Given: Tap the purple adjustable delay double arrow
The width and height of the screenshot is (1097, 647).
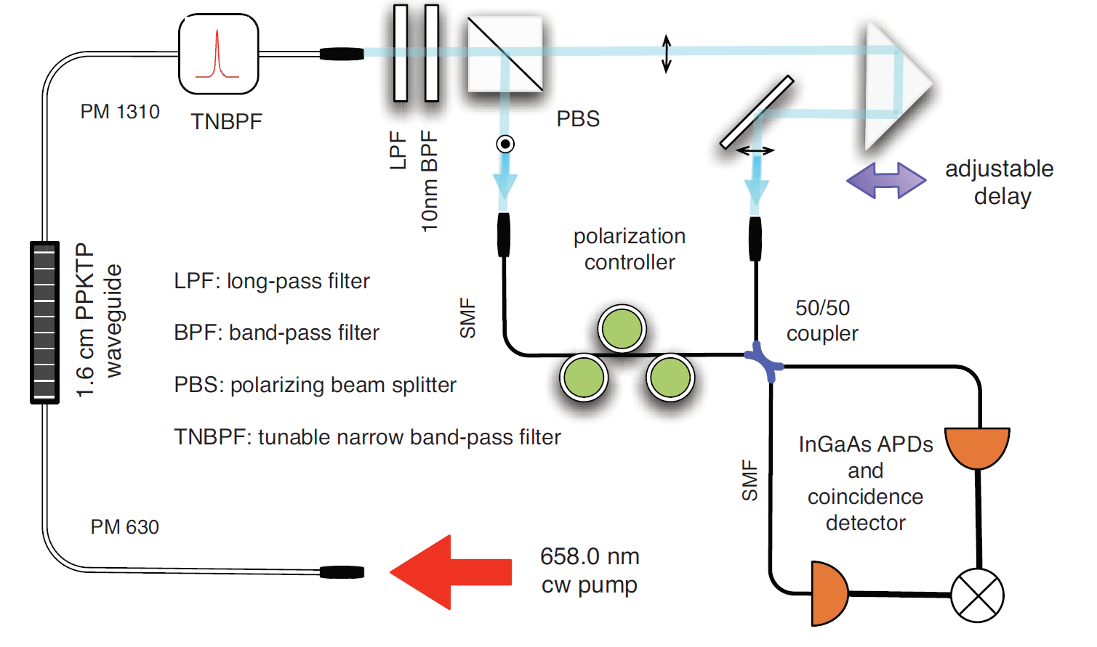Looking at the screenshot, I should tap(886, 180).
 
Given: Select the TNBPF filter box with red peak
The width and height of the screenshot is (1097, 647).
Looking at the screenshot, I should tap(219, 54).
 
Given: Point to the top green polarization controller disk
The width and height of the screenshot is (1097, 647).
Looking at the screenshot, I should tap(622, 329).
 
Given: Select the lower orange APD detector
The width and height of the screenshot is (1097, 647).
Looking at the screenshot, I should tap(828, 593).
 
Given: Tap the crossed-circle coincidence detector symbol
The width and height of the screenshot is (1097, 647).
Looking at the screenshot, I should tap(978, 595).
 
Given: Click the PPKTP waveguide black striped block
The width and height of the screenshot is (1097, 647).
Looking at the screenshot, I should tap(44, 322).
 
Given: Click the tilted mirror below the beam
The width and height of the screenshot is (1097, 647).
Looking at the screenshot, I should tap(756, 113).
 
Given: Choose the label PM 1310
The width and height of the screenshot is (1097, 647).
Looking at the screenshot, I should tap(120, 112).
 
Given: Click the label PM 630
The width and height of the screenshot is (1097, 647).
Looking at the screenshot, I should tap(124, 527).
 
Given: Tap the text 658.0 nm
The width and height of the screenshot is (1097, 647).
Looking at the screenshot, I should tap(590, 557).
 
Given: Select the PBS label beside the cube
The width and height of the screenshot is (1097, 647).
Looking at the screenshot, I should tap(578, 119).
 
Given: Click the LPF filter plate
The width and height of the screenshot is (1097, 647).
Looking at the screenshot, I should tap(401, 53).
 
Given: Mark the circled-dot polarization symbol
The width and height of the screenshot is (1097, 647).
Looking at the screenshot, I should tap(505, 144).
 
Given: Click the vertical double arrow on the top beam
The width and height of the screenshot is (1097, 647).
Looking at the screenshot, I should tap(666, 53).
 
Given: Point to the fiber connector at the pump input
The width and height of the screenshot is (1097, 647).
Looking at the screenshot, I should tap(342, 572).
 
